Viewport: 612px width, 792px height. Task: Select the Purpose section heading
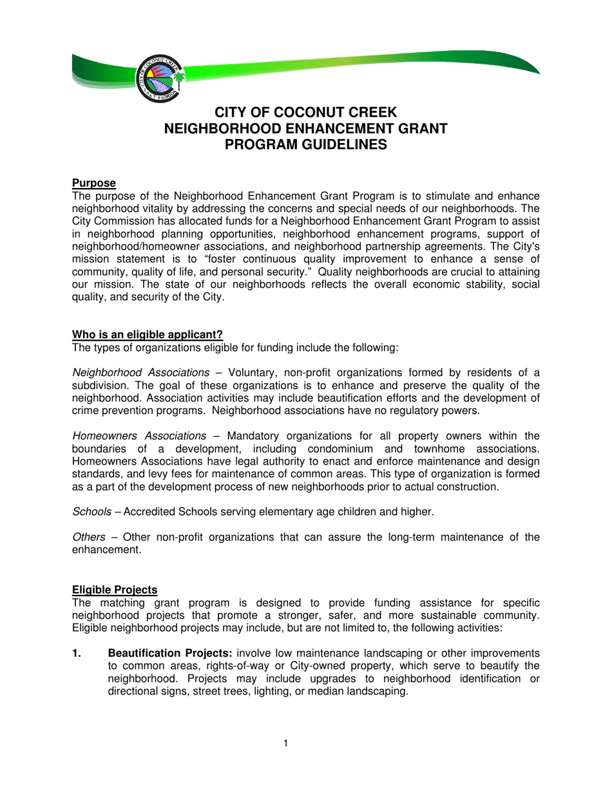(93, 184)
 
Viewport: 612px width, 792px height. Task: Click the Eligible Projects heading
(114, 589)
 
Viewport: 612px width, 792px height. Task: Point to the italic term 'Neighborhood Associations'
(140, 373)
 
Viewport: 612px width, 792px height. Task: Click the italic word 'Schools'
(90, 512)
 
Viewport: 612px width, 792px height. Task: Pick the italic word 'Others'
(88, 538)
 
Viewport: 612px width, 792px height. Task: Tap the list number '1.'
(77, 654)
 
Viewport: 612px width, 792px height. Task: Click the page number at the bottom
(285, 744)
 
